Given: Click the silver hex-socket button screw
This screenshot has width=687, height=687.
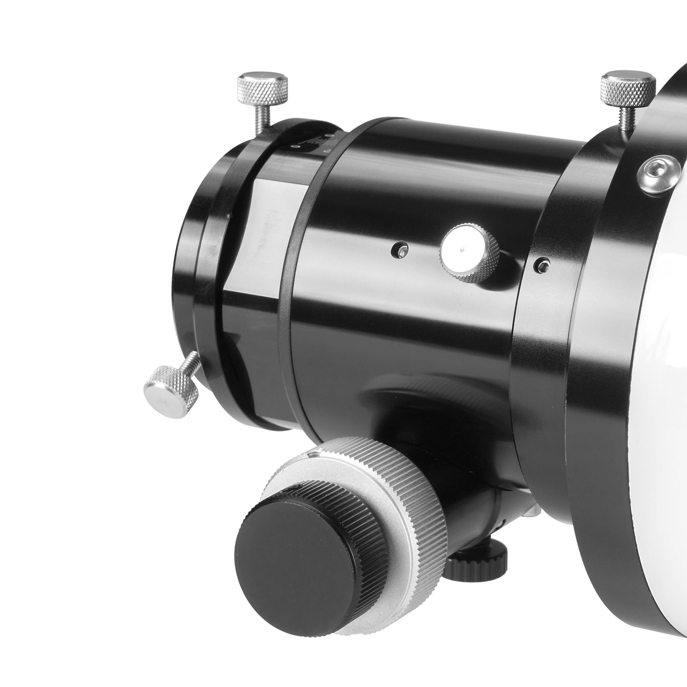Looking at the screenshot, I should (657, 175).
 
